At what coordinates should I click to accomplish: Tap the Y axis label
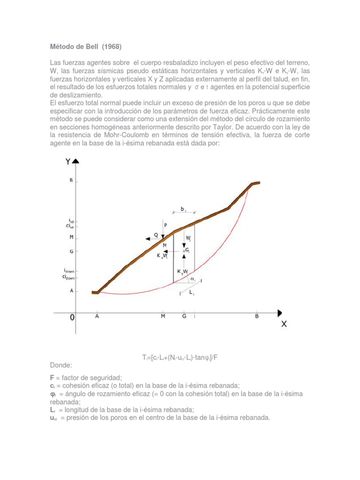pos(68,162)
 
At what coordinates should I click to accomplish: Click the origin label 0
pos(72,317)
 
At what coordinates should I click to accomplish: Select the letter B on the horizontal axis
pos(256,316)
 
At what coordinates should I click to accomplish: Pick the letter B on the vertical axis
pos(71,180)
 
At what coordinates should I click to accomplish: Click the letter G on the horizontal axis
pos(184,316)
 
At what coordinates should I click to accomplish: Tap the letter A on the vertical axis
pos(71,291)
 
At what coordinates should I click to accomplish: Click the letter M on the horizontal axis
pos(163,316)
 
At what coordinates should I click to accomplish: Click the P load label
pos(165,225)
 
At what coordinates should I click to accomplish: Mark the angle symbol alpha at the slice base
pos(193,278)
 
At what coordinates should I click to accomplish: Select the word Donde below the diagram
pos(61,364)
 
